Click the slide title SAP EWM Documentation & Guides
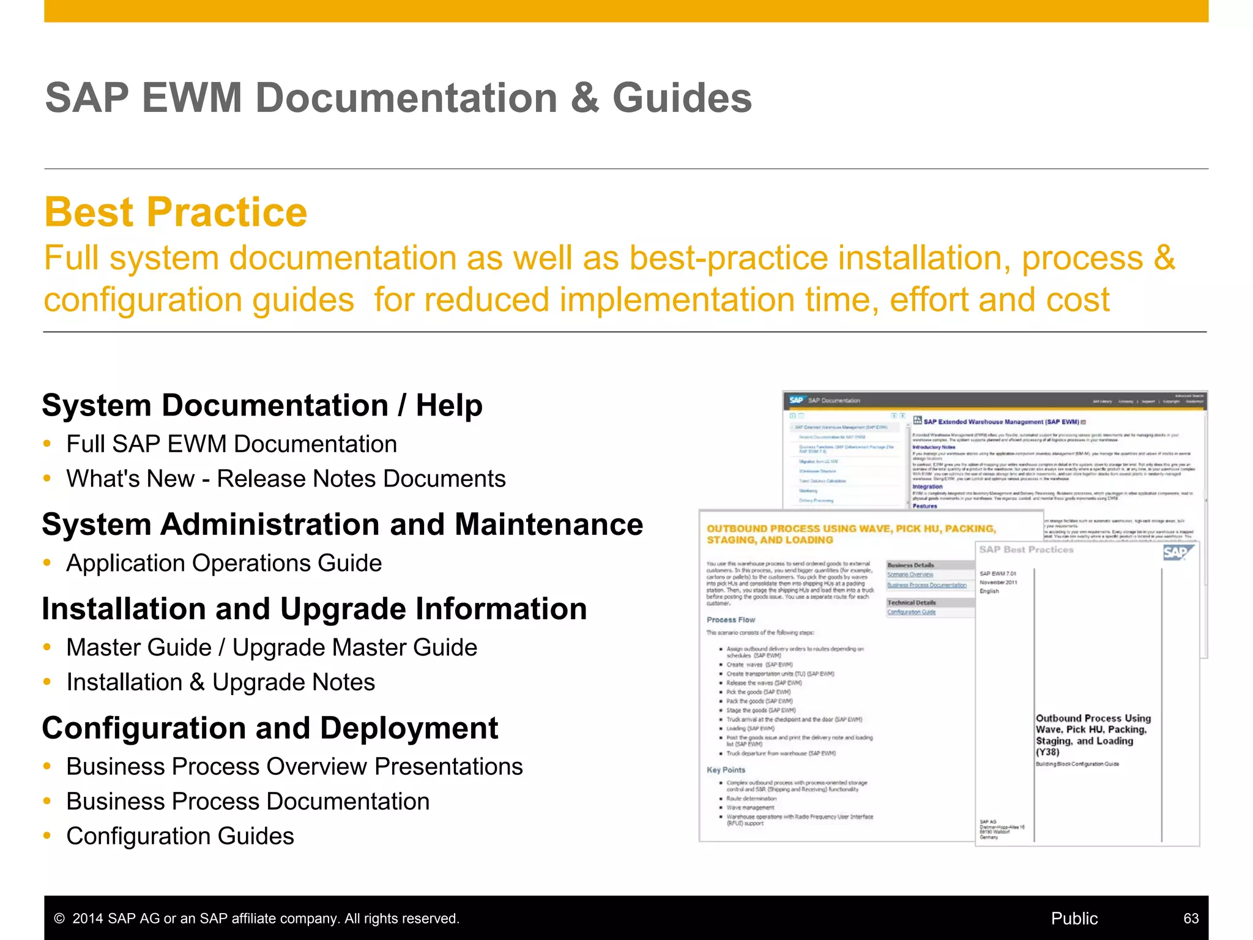tap(398, 98)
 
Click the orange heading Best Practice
tap(176, 212)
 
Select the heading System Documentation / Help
tap(262, 405)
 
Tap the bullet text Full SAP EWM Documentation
tap(231, 444)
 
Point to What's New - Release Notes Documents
tap(286, 479)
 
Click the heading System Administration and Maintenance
tap(342, 524)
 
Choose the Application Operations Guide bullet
tap(224, 563)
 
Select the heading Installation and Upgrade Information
tap(314, 609)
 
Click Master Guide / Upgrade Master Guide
tap(272, 647)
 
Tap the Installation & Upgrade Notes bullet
tap(220, 682)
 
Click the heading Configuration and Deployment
tap(270, 728)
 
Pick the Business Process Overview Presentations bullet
tap(294, 766)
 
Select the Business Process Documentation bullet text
tap(248, 801)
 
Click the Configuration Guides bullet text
tap(180, 836)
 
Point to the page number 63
tap(1191, 918)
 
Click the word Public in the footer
tap(1074, 918)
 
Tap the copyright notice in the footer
tap(256, 919)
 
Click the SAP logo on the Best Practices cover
tap(1176, 553)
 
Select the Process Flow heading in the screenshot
tap(731, 620)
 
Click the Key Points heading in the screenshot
tap(726, 770)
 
